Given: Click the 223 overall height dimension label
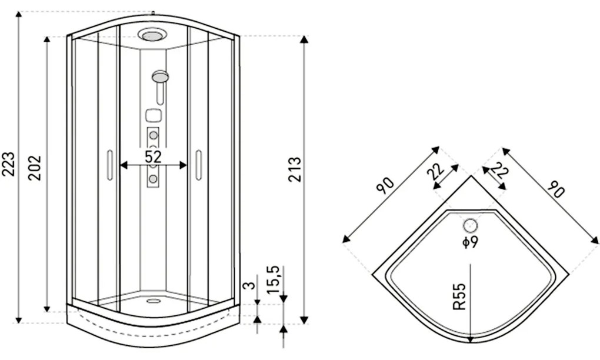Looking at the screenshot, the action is tap(9, 164).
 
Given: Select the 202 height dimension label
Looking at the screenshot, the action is tap(35, 168).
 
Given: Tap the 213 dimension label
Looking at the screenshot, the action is tap(295, 169).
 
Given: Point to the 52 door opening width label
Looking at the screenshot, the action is tap(153, 156).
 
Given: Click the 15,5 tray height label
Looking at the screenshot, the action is tap(274, 279).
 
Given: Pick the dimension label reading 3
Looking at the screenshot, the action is tap(249, 285).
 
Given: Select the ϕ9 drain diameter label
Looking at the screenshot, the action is tap(470, 242).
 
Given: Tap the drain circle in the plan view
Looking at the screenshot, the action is tap(470, 226).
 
